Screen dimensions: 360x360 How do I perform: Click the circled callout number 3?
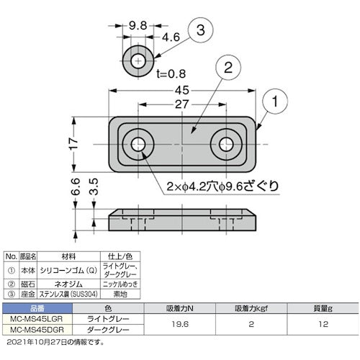click(x=200, y=32)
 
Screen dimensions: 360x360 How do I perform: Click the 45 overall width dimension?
click(x=182, y=90)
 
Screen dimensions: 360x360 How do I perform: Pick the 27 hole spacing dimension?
click(x=181, y=104)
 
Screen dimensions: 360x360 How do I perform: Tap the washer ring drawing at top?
click(x=137, y=62)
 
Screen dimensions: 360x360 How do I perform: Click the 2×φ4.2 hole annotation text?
click(x=207, y=186)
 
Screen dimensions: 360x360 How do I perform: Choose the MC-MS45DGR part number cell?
click(x=42, y=330)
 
